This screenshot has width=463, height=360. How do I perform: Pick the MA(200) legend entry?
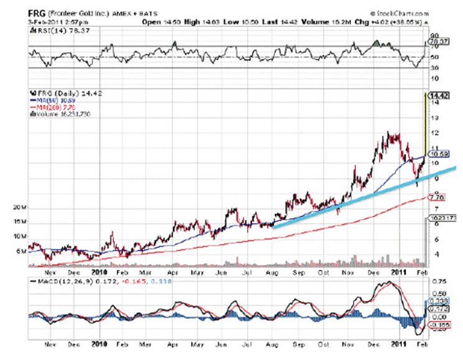pyautogui.click(x=49, y=107)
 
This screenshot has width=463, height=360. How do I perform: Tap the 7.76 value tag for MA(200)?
pyautogui.click(x=437, y=197)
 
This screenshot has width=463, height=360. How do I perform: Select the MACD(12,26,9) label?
pyautogui.click(x=60, y=281)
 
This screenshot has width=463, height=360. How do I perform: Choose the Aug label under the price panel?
pyautogui.click(x=272, y=271)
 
